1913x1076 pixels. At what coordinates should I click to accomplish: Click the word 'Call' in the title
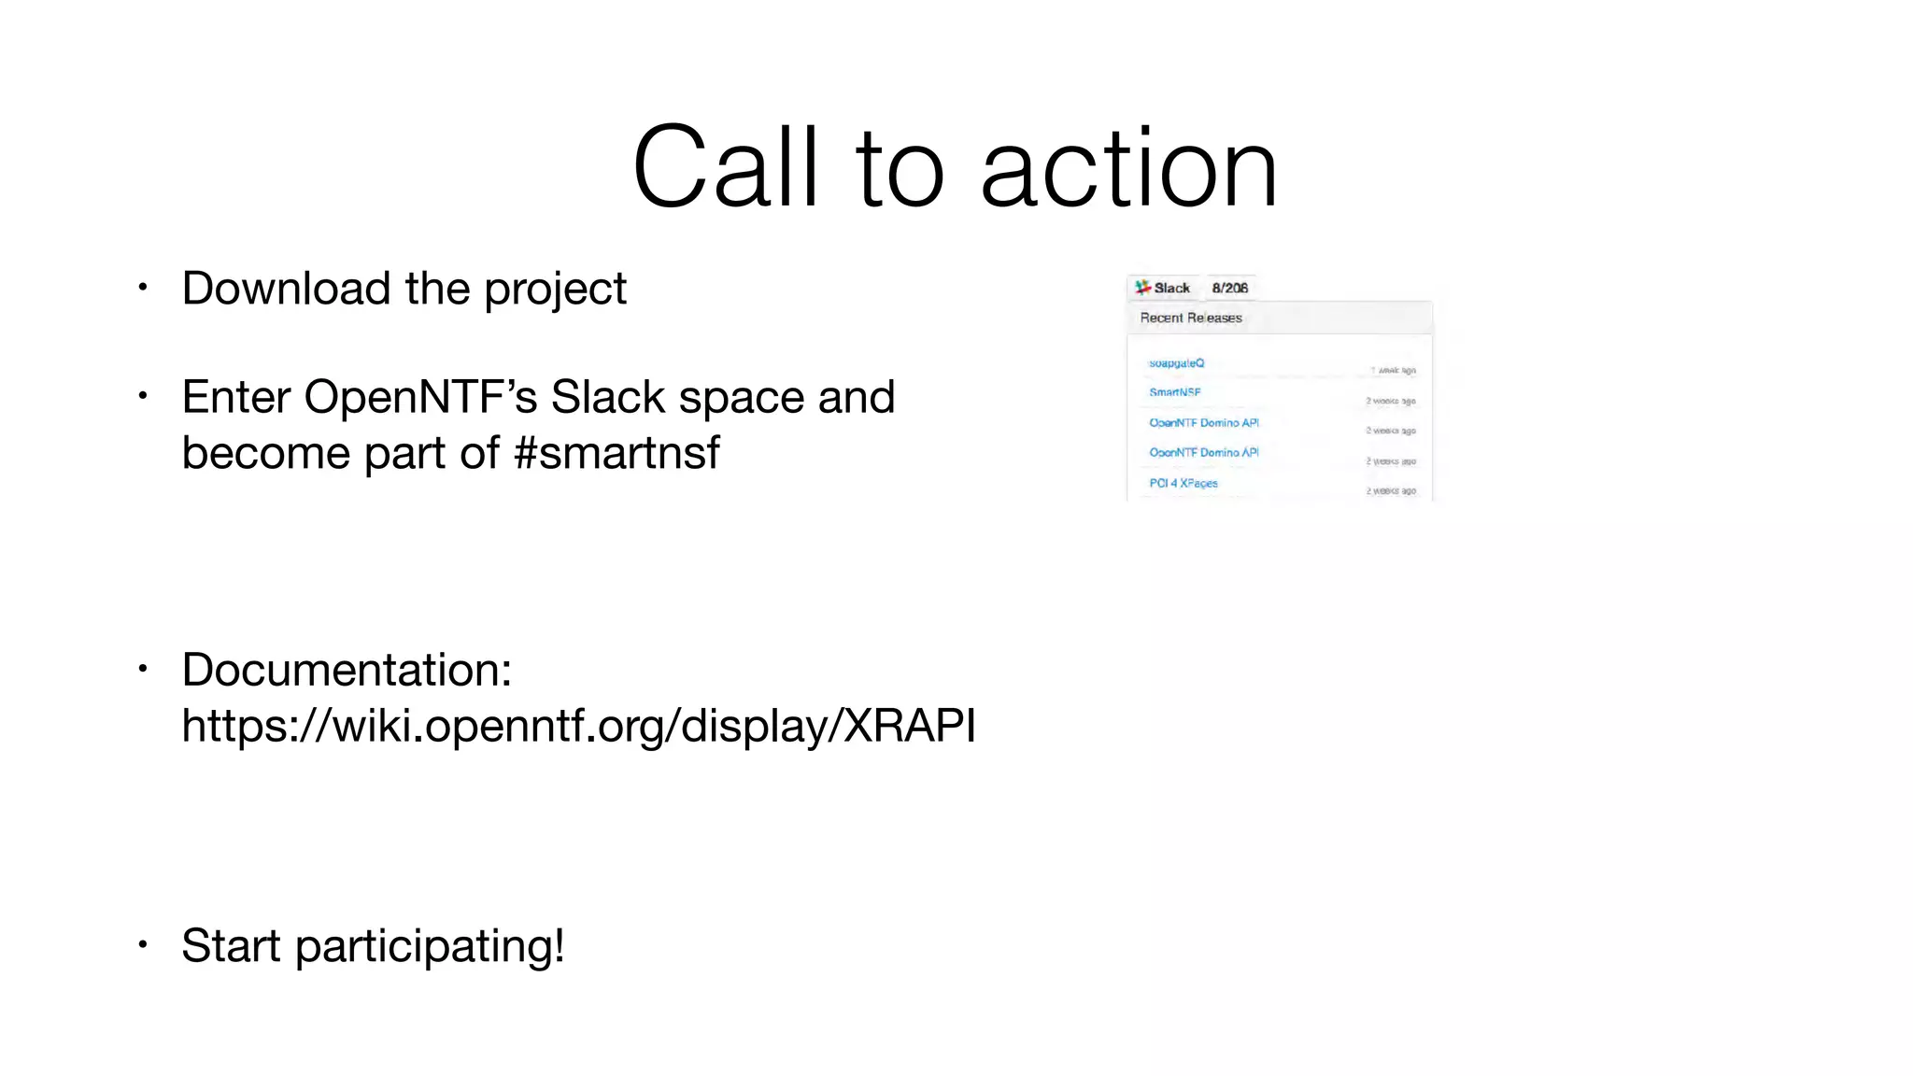(x=726, y=168)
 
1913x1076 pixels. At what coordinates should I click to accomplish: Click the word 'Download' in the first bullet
(x=286, y=288)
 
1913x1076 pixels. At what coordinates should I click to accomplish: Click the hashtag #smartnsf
(x=616, y=453)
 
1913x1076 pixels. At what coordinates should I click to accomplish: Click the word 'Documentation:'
(x=347, y=670)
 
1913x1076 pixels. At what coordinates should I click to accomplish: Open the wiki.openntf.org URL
(x=578, y=726)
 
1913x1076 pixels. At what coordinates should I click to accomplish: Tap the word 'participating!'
(x=430, y=946)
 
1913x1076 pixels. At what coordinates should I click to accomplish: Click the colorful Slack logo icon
(x=1142, y=287)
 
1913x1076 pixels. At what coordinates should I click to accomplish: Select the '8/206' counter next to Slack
(x=1229, y=288)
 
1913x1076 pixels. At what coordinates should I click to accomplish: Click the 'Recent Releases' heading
(x=1191, y=318)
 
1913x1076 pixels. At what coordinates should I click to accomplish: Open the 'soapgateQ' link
(x=1176, y=362)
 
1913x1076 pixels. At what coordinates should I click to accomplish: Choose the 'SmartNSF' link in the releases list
(x=1174, y=392)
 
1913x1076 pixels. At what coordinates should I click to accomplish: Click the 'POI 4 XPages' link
(x=1183, y=483)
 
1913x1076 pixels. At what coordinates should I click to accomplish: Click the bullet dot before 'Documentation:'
(x=143, y=669)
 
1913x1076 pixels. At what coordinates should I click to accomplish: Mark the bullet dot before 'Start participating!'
(x=143, y=944)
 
